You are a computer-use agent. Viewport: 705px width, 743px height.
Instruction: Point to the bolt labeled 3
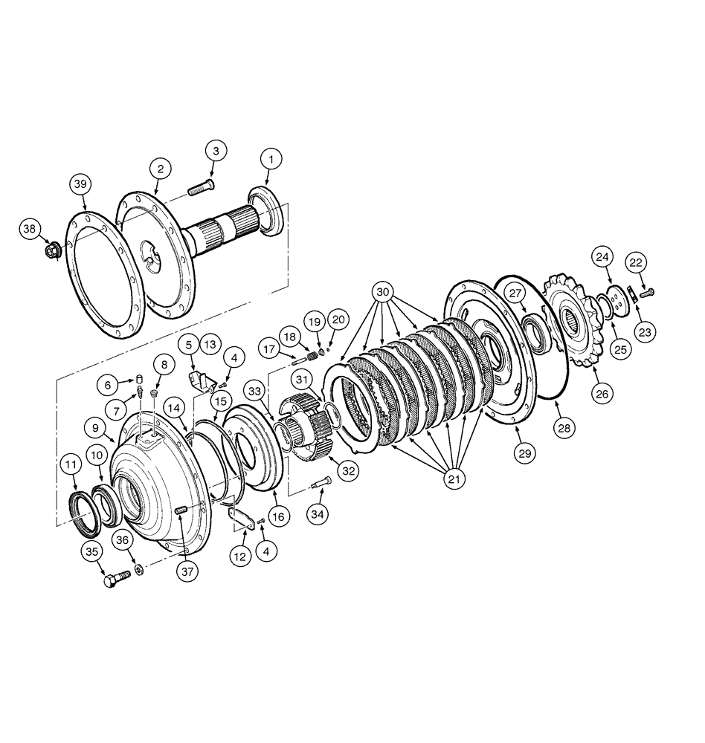click(x=201, y=188)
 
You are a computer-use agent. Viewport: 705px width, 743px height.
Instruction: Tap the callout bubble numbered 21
click(x=453, y=479)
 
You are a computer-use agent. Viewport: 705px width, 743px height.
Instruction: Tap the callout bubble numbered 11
click(x=69, y=465)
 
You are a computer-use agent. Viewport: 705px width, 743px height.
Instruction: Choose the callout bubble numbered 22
click(x=637, y=263)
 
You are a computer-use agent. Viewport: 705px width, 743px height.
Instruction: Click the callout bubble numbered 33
click(x=256, y=389)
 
